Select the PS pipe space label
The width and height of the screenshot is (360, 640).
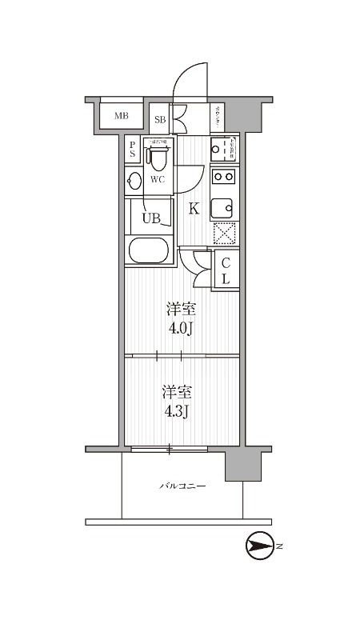click(x=132, y=150)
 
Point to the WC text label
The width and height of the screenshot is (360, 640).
click(x=158, y=179)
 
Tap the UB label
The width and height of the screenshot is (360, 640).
click(x=151, y=217)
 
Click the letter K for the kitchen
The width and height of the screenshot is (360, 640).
click(x=193, y=210)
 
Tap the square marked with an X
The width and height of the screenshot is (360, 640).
click(x=224, y=234)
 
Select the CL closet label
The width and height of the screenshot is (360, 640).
click(x=226, y=270)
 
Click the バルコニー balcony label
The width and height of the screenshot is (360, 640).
click(x=182, y=486)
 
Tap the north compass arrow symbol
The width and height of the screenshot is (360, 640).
click(x=259, y=546)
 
